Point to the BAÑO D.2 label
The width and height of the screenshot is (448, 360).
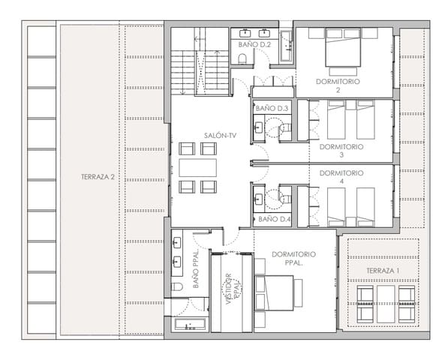254,45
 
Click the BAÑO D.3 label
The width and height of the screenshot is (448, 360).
272,109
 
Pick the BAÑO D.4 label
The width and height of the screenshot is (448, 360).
272,220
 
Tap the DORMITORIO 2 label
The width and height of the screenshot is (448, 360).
338,84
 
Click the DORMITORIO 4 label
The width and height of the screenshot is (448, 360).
341,177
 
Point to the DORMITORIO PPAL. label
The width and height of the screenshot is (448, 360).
294,259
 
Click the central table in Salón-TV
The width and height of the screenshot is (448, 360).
197,167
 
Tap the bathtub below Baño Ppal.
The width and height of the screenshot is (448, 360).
188,325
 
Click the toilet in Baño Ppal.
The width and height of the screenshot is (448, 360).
178,286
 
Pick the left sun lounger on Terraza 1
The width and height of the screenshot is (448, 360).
365,300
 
